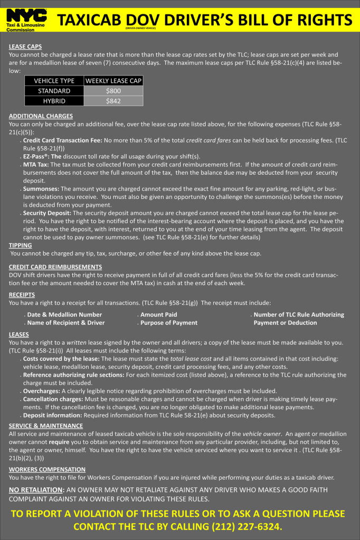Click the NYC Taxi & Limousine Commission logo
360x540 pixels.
[x=26, y=20]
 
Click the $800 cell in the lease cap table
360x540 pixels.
[x=113, y=91]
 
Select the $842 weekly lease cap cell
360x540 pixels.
[x=113, y=101]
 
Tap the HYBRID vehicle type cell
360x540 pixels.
[x=54, y=101]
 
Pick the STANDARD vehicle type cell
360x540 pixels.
[x=54, y=91]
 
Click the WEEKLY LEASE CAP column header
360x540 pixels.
[x=113, y=81]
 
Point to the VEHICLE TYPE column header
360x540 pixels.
[x=54, y=81]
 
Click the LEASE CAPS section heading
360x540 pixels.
[x=25, y=46]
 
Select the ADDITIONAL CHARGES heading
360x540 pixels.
[x=41, y=116]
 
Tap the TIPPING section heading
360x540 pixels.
[x=21, y=245]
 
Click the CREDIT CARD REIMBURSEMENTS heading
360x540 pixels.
[x=55, y=267]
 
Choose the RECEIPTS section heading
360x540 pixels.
[x=22, y=295]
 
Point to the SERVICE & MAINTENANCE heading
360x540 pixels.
[x=46, y=425]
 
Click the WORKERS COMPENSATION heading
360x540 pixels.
[x=47, y=469]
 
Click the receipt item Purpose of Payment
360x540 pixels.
[x=168, y=323]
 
